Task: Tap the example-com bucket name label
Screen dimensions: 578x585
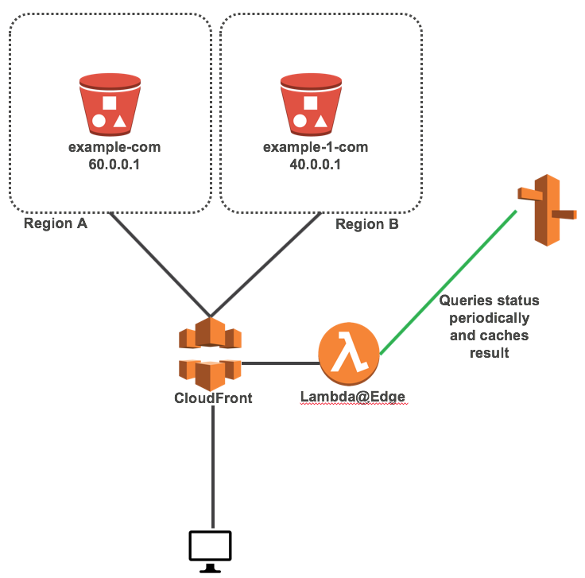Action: click(x=110, y=148)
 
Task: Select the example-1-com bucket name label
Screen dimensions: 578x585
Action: click(x=311, y=148)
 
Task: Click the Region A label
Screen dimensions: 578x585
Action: click(x=56, y=223)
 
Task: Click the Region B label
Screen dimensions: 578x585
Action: click(x=366, y=224)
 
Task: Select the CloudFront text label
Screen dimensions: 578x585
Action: click(x=213, y=398)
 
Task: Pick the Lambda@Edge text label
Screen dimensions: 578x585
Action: click(x=353, y=397)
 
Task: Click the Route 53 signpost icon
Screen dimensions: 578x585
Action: click(x=546, y=210)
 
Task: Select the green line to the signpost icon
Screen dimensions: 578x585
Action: click(x=447, y=282)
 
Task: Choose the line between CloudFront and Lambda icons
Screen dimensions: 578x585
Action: click(x=279, y=364)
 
